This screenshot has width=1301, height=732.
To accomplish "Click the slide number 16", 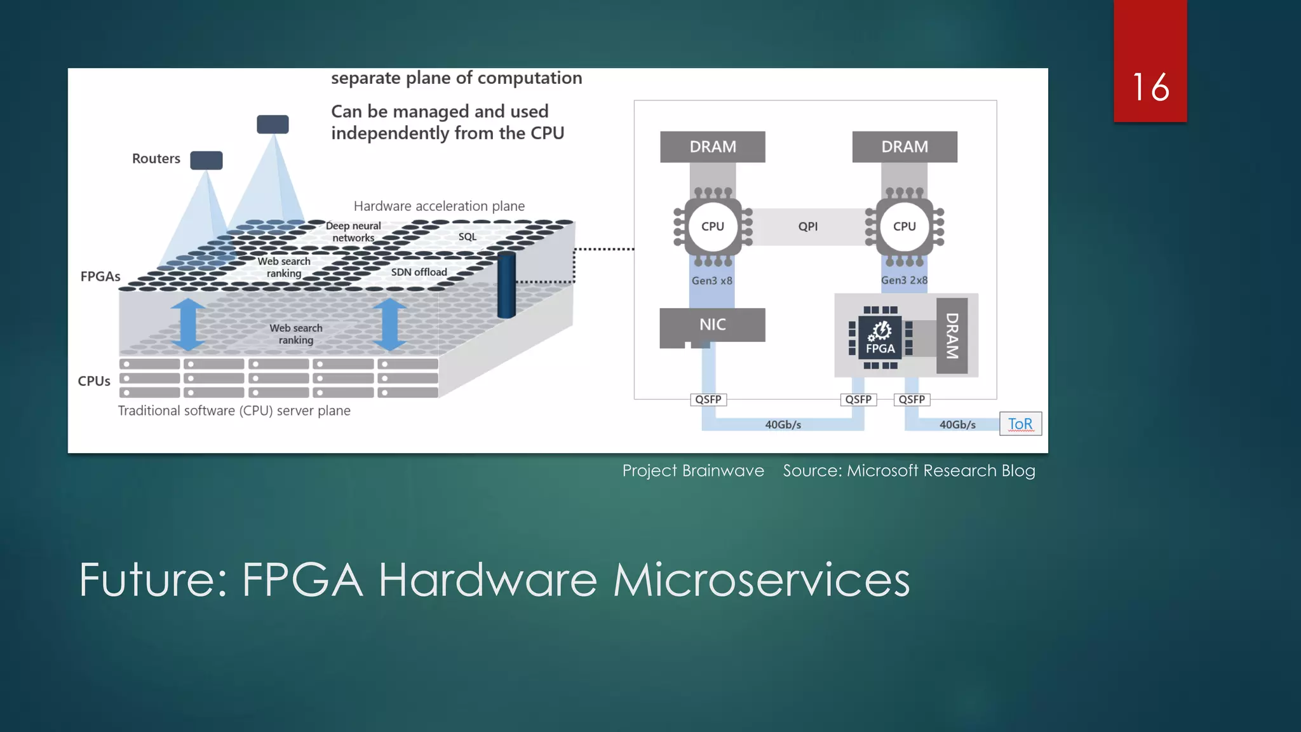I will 1150,87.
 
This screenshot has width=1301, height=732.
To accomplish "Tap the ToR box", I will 1020,424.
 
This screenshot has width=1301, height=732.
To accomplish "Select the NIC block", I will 712,325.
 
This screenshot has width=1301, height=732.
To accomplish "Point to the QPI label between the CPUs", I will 808,226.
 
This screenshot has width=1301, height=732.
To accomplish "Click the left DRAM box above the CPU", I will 712,147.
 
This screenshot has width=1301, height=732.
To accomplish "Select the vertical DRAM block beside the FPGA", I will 952,335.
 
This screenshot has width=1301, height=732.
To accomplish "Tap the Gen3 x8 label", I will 711,280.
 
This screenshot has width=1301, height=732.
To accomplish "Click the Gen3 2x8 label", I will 904,280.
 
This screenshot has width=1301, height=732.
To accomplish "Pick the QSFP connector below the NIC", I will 708,400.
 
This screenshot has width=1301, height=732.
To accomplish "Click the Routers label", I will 156,159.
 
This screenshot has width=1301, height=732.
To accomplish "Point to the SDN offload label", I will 419,272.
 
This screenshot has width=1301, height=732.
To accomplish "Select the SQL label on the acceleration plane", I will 467,236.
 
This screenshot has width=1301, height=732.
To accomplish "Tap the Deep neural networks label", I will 353,232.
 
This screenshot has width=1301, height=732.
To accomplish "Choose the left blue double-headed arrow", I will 187,324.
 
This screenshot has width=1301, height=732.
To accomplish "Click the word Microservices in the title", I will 761,579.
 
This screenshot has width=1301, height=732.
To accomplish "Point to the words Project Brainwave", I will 693,471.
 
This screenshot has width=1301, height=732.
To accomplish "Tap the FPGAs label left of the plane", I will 100,276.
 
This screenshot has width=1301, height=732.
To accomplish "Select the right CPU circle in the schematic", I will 904,226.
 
